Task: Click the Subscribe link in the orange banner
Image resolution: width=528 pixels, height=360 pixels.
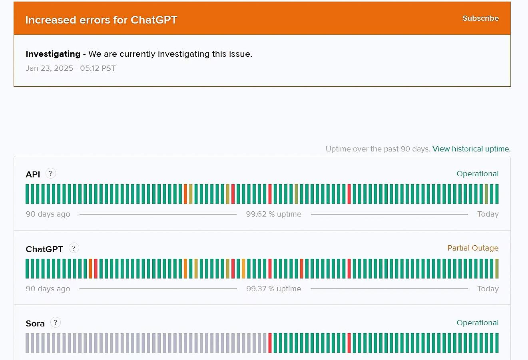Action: click(x=480, y=18)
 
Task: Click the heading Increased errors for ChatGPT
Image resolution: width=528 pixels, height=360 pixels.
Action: click(x=102, y=20)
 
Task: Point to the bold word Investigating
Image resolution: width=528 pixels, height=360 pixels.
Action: click(x=53, y=54)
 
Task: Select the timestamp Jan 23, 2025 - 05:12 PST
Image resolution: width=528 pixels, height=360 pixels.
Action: click(x=70, y=68)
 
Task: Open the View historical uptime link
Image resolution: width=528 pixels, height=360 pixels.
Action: click(x=471, y=149)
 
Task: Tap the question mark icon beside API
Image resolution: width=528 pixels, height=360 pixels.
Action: click(x=50, y=173)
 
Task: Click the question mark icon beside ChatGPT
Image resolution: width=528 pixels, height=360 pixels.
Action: click(x=74, y=248)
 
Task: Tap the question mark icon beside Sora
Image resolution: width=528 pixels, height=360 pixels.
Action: click(x=56, y=322)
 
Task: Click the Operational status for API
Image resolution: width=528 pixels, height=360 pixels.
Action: click(x=478, y=174)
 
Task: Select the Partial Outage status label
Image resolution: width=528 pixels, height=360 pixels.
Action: click(x=473, y=248)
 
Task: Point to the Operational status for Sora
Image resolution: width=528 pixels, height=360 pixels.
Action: click(x=478, y=323)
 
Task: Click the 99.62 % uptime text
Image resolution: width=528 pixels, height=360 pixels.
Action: click(x=274, y=214)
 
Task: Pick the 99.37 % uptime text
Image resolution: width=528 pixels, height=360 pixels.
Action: click(x=274, y=288)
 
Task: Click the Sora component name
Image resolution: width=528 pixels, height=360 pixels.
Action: click(x=35, y=324)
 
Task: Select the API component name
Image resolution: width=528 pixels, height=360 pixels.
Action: click(x=33, y=175)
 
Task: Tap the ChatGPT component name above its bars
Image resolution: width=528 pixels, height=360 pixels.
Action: click(x=44, y=249)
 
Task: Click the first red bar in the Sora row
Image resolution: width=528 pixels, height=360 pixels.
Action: click(x=270, y=343)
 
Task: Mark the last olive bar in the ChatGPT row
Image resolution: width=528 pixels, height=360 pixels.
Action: click(x=497, y=269)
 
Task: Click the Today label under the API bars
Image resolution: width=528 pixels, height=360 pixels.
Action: click(x=488, y=214)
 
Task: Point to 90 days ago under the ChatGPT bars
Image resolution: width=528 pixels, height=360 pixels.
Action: click(x=48, y=289)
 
